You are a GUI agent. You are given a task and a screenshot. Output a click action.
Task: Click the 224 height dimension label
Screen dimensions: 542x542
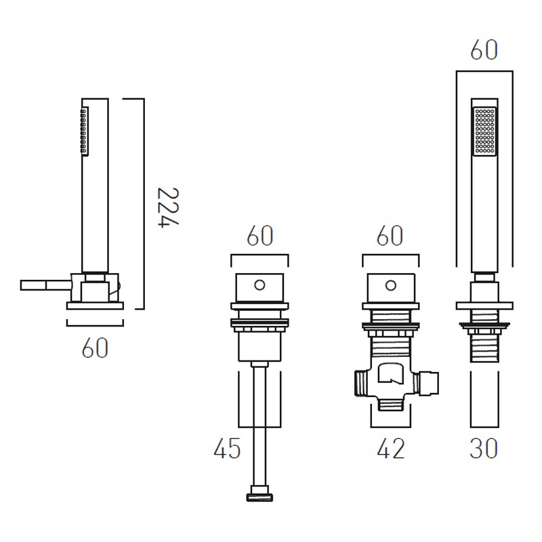click(x=168, y=207)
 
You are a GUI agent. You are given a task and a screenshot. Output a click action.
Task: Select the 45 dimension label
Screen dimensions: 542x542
click(x=227, y=449)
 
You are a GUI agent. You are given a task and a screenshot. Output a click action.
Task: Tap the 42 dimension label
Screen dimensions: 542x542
click(x=391, y=449)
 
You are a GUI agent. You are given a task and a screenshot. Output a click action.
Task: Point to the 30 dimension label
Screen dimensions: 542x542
click(x=484, y=448)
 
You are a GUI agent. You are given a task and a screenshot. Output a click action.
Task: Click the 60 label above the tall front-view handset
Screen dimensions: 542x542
click(x=484, y=50)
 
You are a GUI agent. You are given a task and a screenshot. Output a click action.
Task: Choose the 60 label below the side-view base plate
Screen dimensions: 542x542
click(x=95, y=348)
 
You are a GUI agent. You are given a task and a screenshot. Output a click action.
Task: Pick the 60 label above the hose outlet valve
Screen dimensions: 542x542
click(x=260, y=235)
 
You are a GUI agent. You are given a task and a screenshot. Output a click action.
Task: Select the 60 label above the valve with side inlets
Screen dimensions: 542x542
click(x=390, y=235)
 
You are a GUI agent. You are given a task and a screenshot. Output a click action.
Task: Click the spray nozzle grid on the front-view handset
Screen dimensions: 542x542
click(x=484, y=131)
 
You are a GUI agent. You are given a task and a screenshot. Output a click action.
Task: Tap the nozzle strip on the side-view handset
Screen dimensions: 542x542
click(x=84, y=131)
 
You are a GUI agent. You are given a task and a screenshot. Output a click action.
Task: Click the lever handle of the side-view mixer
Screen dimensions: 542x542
click(x=45, y=285)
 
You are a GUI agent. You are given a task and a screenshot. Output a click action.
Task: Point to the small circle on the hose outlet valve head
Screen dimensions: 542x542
click(x=259, y=285)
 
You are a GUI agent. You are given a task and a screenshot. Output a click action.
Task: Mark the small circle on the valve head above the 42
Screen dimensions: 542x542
click(x=391, y=286)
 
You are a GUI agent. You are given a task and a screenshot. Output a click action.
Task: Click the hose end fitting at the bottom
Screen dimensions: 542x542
click(x=259, y=494)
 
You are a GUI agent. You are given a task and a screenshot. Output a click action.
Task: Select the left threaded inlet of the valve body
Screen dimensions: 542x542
click(x=362, y=383)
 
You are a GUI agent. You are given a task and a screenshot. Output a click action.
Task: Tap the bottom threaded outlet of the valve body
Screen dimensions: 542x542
click(x=391, y=404)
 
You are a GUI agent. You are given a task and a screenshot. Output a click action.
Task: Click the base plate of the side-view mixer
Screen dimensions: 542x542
click(x=95, y=306)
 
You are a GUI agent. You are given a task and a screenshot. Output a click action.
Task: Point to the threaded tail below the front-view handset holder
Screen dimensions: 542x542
click(x=484, y=348)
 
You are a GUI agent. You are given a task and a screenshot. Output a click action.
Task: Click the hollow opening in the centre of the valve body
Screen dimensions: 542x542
click(x=391, y=374)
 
